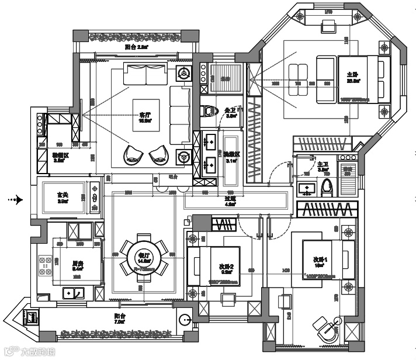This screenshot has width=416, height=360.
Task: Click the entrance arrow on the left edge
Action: click(x=15, y=200)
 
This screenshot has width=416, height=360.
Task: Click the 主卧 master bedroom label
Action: click(x=352, y=75)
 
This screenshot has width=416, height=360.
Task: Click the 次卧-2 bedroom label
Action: click(x=226, y=267)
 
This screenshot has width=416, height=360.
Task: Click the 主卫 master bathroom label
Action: click(x=322, y=165)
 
